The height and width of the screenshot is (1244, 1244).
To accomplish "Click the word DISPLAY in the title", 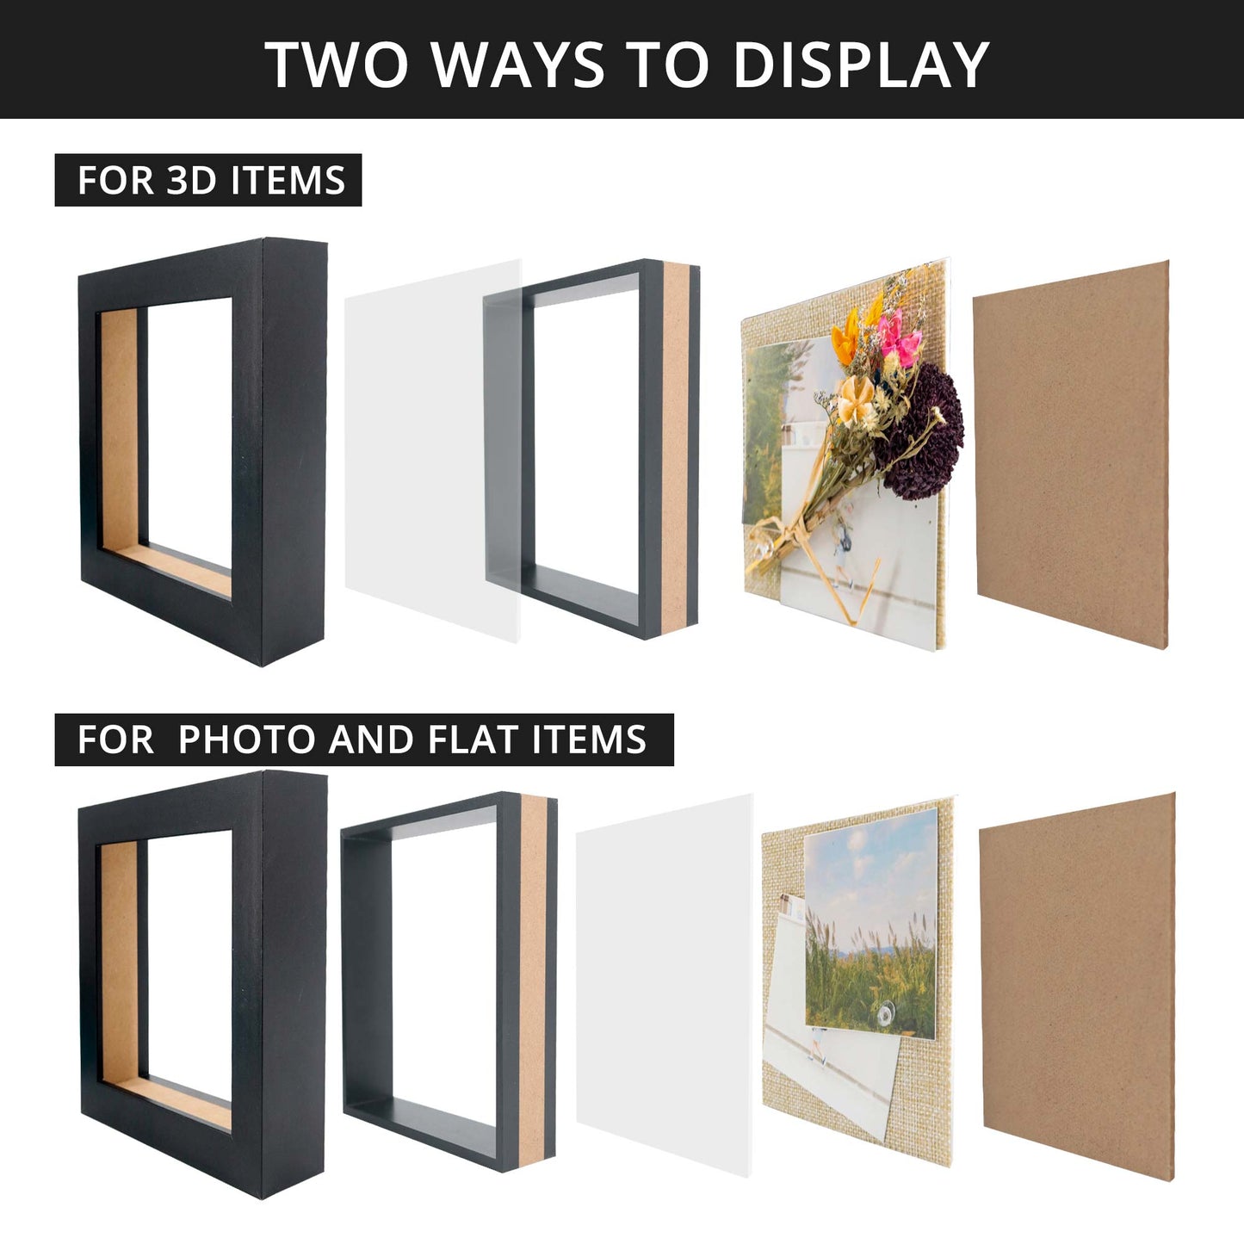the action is [x=861, y=65].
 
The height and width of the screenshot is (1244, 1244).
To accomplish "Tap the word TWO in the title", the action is [x=337, y=65].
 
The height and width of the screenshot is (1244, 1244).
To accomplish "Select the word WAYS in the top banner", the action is [x=519, y=65].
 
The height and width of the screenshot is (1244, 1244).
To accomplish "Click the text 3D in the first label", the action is [x=191, y=180].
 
